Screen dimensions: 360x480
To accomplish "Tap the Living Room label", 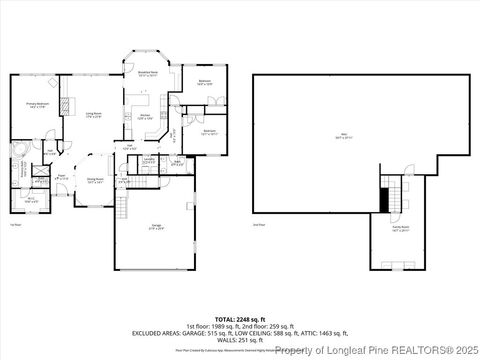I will click(x=94, y=116).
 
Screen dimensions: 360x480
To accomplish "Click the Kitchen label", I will click(x=144, y=117).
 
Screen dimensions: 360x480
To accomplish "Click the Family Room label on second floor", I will click(x=397, y=229).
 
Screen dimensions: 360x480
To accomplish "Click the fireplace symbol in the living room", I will click(x=67, y=104).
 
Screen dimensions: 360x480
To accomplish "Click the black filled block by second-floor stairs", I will click(x=384, y=199).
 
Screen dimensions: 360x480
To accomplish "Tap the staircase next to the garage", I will click(x=123, y=207).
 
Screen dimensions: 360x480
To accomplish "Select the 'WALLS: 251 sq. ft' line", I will click(x=239, y=339).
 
